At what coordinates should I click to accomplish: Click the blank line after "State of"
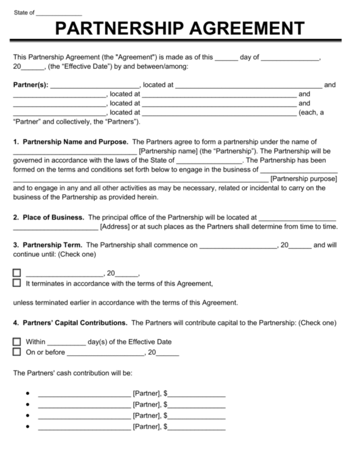(x=59, y=14)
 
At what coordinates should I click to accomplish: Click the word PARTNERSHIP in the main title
(x=120, y=28)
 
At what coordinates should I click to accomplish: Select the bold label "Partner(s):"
(x=30, y=85)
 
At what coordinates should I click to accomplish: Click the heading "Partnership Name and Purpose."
(x=75, y=142)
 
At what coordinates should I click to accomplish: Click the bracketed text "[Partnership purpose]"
(x=303, y=179)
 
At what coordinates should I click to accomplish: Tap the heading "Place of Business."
(x=53, y=218)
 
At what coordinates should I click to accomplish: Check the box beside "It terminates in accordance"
(x=17, y=283)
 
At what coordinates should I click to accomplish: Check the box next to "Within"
(x=17, y=342)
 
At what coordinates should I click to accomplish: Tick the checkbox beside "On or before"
(x=17, y=352)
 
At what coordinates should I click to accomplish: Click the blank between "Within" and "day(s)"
(x=66, y=342)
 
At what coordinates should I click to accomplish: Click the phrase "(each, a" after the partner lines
(x=311, y=112)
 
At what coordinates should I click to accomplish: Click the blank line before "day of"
(x=226, y=58)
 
